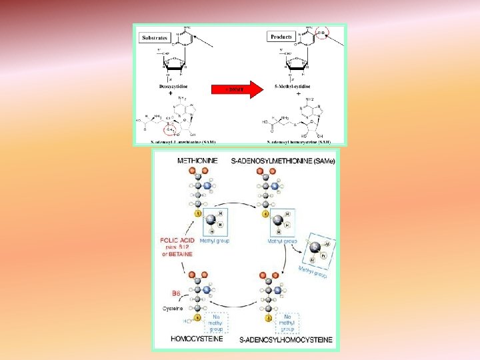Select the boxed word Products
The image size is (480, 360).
[x=281, y=37]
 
